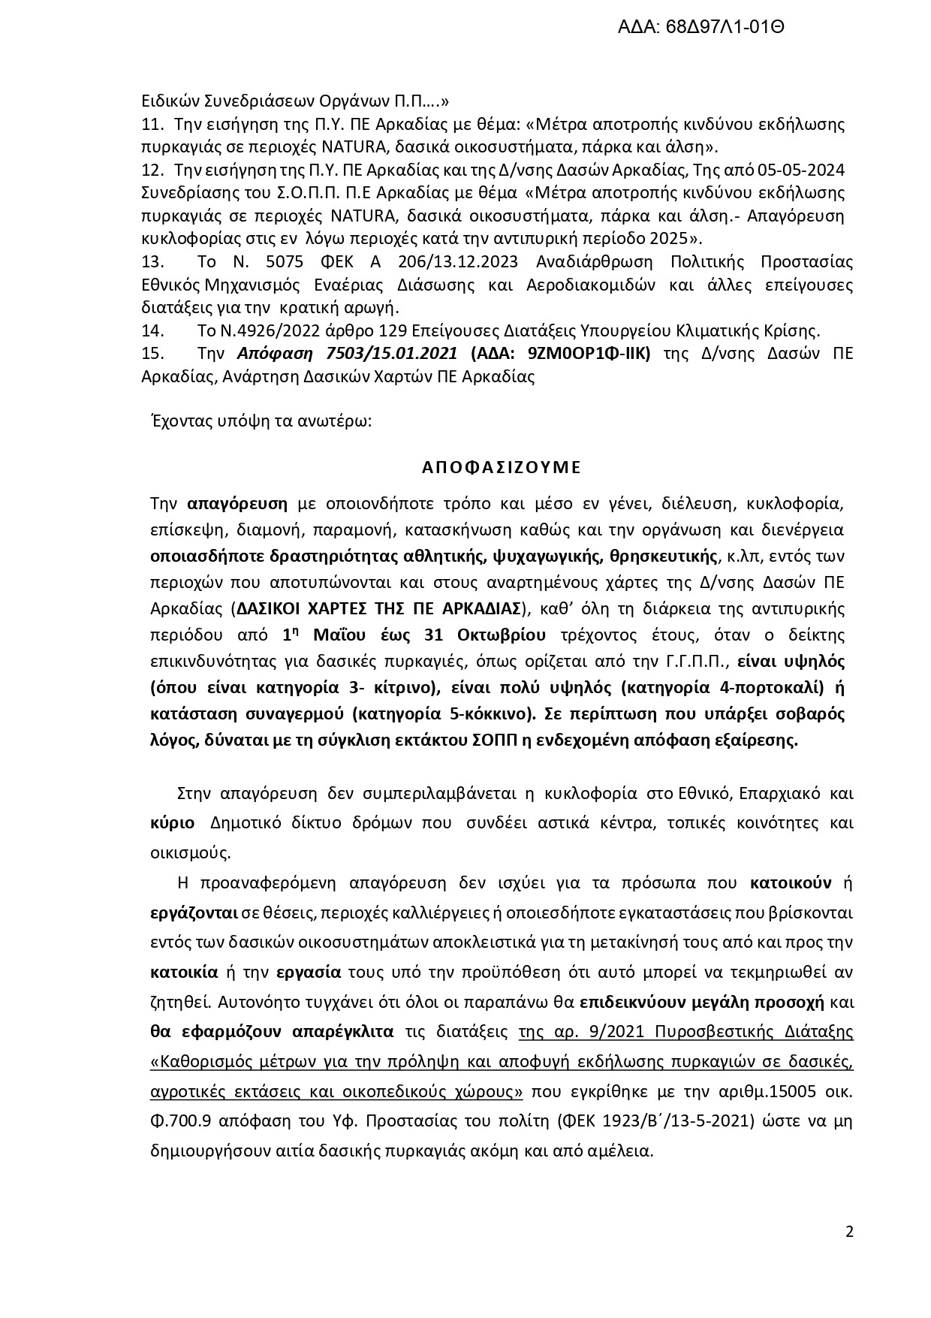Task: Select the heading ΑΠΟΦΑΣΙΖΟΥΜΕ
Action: click(501, 467)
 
